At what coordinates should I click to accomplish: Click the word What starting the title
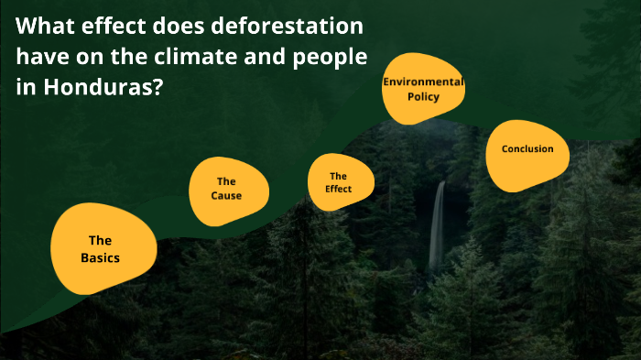[x=45, y=26]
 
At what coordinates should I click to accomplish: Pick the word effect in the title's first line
[x=116, y=26]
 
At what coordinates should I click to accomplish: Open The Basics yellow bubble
[x=100, y=248]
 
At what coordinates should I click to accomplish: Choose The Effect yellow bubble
[x=338, y=182]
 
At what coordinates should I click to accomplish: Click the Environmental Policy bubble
[x=423, y=90]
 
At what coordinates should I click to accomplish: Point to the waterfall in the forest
[x=438, y=224]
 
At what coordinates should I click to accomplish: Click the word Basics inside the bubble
[x=100, y=257]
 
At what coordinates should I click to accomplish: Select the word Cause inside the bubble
[x=226, y=196]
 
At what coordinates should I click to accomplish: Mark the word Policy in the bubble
[x=424, y=96]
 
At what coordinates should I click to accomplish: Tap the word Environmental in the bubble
[x=423, y=82]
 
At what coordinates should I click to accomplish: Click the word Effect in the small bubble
[x=338, y=189]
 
